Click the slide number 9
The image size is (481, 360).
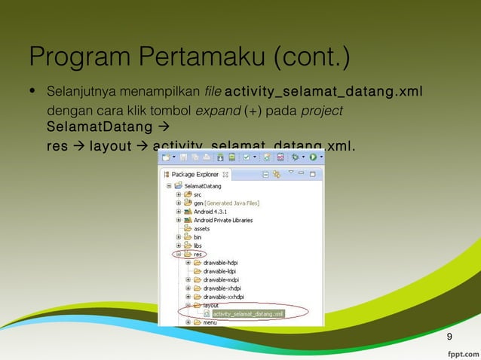click(450, 336)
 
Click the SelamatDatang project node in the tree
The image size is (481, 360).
click(202, 185)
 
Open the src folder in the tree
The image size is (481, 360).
click(197, 194)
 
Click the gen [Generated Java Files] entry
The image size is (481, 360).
click(226, 203)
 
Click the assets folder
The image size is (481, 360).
click(201, 228)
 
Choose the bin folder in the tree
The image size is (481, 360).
click(197, 236)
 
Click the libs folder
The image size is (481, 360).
click(197, 245)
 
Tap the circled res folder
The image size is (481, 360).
click(197, 254)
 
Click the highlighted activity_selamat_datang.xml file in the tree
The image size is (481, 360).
click(242, 313)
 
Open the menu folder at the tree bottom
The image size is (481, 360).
click(210, 322)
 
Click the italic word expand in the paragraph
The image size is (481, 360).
click(213, 111)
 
